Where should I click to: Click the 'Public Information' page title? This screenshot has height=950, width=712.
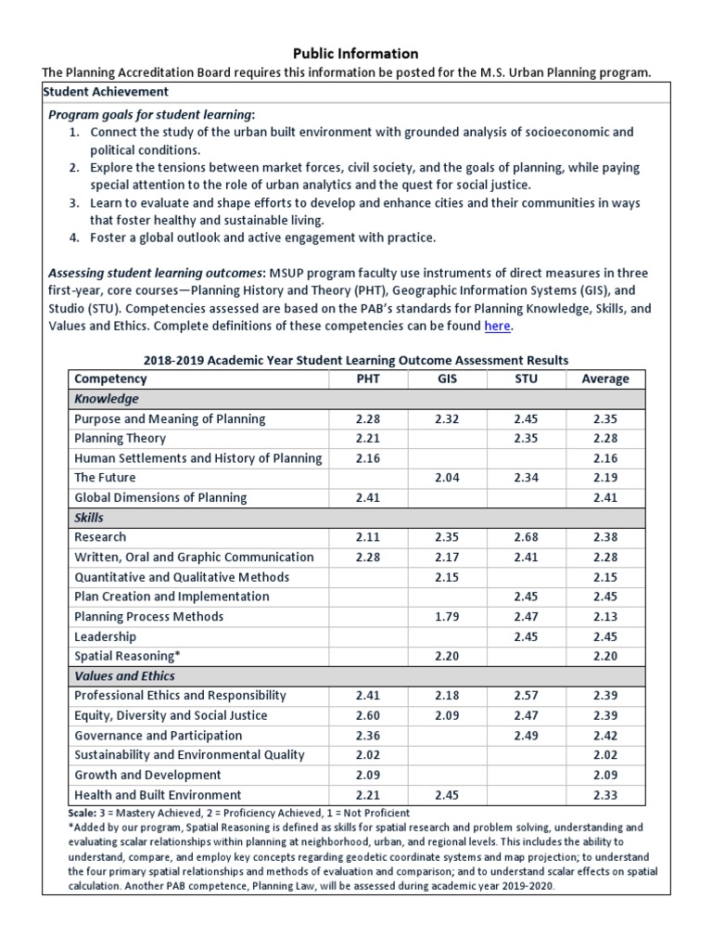pyautogui.click(x=356, y=54)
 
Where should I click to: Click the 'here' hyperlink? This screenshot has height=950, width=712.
pyautogui.click(x=497, y=326)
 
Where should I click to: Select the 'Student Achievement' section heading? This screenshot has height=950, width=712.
pyautogui.click(x=107, y=92)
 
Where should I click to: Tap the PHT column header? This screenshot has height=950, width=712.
pyautogui.click(x=368, y=379)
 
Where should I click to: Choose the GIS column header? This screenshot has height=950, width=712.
pyautogui.click(x=447, y=379)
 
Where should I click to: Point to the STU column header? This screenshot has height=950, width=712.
pyautogui.click(x=526, y=379)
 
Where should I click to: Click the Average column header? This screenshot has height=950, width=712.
pyautogui.click(x=604, y=379)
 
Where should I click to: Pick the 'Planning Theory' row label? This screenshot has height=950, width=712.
pyautogui.click(x=120, y=438)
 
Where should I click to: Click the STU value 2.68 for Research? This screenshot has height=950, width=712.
pyautogui.click(x=526, y=536)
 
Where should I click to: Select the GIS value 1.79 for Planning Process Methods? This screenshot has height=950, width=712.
pyautogui.click(x=447, y=616)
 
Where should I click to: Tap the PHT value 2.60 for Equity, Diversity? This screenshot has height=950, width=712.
pyautogui.click(x=368, y=715)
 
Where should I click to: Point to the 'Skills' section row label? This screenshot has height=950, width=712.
pyautogui.click(x=89, y=517)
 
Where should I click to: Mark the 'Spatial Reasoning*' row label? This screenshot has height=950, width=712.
pyautogui.click(x=127, y=656)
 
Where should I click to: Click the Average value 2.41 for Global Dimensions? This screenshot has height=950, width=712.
pyautogui.click(x=604, y=497)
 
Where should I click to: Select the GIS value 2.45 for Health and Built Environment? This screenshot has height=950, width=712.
pyautogui.click(x=447, y=794)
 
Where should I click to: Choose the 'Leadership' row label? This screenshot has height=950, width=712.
pyautogui.click(x=105, y=636)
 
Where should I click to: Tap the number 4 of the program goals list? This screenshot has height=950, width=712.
pyautogui.click(x=73, y=237)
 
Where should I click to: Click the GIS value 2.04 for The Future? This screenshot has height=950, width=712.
pyautogui.click(x=447, y=477)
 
